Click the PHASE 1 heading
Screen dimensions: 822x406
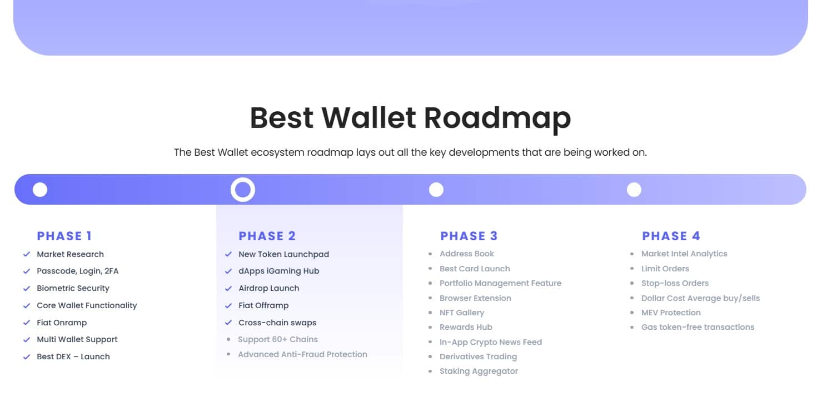pyautogui.click(x=64, y=236)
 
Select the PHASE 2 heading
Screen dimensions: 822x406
pyautogui.click(x=267, y=236)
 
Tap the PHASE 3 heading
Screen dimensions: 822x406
pyautogui.click(x=469, y=236)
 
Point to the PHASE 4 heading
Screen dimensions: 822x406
pyautogui.click(x=671, y=236)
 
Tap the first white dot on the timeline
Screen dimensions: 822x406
pyautogui.click(x=40, y=190)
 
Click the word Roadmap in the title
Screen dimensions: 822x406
pyautogui.click(x=497, y=118)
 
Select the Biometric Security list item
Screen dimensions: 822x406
pyautogui.click(x=73, y=288)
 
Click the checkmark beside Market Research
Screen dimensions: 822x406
pyautogui.click(x=27, y=254)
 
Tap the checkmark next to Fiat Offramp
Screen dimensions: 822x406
pyautogui.click(x=228, y=305)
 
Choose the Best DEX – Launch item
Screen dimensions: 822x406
pyautogui.click(x=73, y=357)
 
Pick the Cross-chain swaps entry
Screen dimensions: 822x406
pyautogui.click(x=277, y=323)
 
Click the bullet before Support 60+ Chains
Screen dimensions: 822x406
pyautogui.click(x=228, y=339)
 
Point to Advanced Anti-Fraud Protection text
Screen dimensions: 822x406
pyautogui.click(x=303, y=354)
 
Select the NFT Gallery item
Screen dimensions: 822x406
pyautogui.click(x=462, y=313)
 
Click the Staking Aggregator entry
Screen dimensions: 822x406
pyautogui.click(x=479, y=371)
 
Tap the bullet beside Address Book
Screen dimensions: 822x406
pyautogui.click(x=430, y=254)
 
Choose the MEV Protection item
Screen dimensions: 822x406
pyautogui.click(x=671, y=313)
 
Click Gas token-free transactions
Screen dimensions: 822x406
pyautogui.click(x=698, y=327)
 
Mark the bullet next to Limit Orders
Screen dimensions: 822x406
pyautogui.click(x=632, y=269)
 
